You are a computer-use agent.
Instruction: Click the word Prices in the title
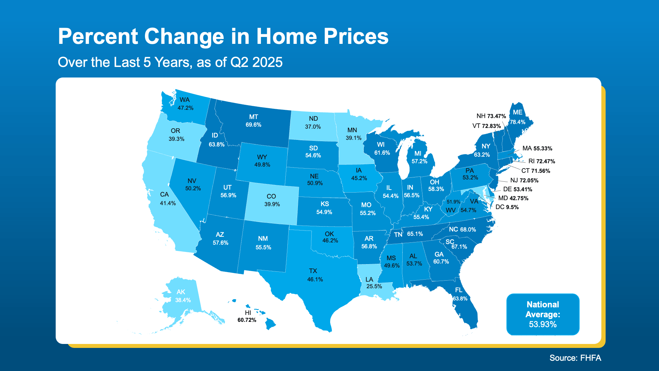point(356,36)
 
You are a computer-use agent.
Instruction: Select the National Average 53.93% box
point(543,314)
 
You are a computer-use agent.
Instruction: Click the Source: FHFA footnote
point(575,358)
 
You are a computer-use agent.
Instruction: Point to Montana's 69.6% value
point(253,125)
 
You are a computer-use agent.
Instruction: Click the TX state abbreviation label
point(313,271)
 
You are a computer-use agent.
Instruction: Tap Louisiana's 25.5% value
point(374,286)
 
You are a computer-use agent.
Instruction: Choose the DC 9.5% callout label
point(507,207)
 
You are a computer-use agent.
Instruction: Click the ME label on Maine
point(517,112)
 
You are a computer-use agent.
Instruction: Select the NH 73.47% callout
point(491,116)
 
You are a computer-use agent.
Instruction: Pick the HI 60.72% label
point(247,317)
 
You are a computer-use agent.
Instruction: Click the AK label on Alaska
point(181,292)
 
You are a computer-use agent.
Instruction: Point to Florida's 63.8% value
point(460,298)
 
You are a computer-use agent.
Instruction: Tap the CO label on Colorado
point(271,196)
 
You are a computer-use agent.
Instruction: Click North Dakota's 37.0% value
point(313,127)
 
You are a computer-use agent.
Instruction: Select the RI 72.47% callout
point(541,161)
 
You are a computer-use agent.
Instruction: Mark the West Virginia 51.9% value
point(453,202)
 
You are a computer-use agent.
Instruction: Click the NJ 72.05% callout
point(524,180)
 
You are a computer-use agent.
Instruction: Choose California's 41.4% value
point(168,203)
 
